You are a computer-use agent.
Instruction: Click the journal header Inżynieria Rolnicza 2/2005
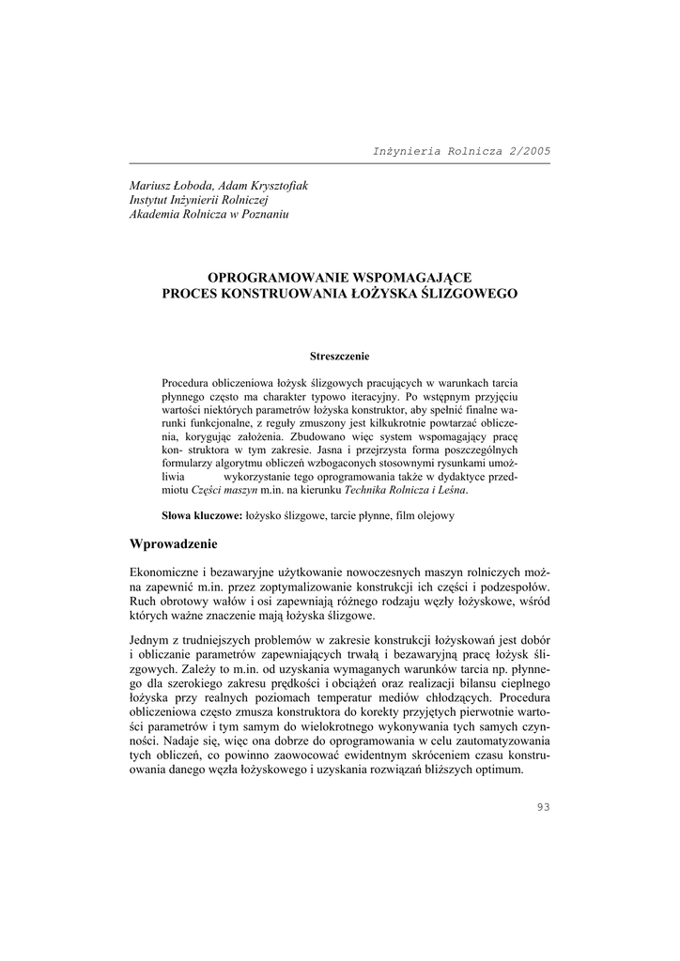tap(461, 150)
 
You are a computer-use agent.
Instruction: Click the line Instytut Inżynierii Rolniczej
tap(199, 200)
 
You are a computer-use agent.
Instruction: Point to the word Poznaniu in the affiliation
tap(264, 215)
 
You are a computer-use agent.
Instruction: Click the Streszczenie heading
tap(339, 356)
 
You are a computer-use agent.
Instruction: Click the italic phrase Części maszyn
tap(224, 489)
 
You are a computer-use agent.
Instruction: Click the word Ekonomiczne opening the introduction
tap(163, 572)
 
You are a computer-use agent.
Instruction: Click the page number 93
tap(542, 807)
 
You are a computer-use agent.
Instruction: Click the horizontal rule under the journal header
tap(339, 162)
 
